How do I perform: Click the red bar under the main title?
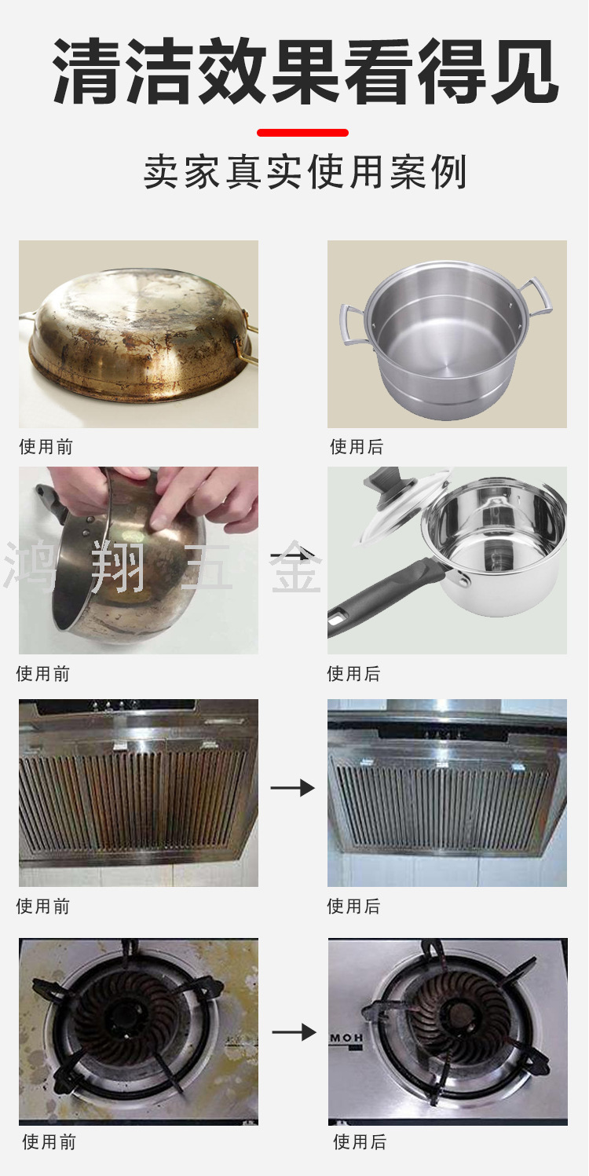302,133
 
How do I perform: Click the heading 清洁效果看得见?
305,72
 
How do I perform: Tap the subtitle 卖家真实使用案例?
305,171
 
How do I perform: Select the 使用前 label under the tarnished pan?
46,447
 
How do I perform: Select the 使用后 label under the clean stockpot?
357,447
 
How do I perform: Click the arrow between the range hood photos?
292,787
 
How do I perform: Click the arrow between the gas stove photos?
294,1033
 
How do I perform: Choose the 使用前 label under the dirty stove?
49,1142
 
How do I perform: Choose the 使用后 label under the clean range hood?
353,906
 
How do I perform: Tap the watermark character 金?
295,566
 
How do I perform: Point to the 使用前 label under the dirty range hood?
43,906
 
